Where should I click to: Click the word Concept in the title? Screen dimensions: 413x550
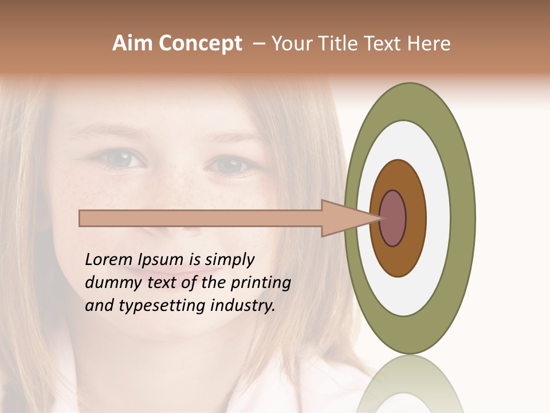201,44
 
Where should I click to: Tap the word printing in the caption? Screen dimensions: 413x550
261,283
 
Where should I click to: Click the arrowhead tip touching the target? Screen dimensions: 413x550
379,218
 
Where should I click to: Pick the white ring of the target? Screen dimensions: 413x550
438,218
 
